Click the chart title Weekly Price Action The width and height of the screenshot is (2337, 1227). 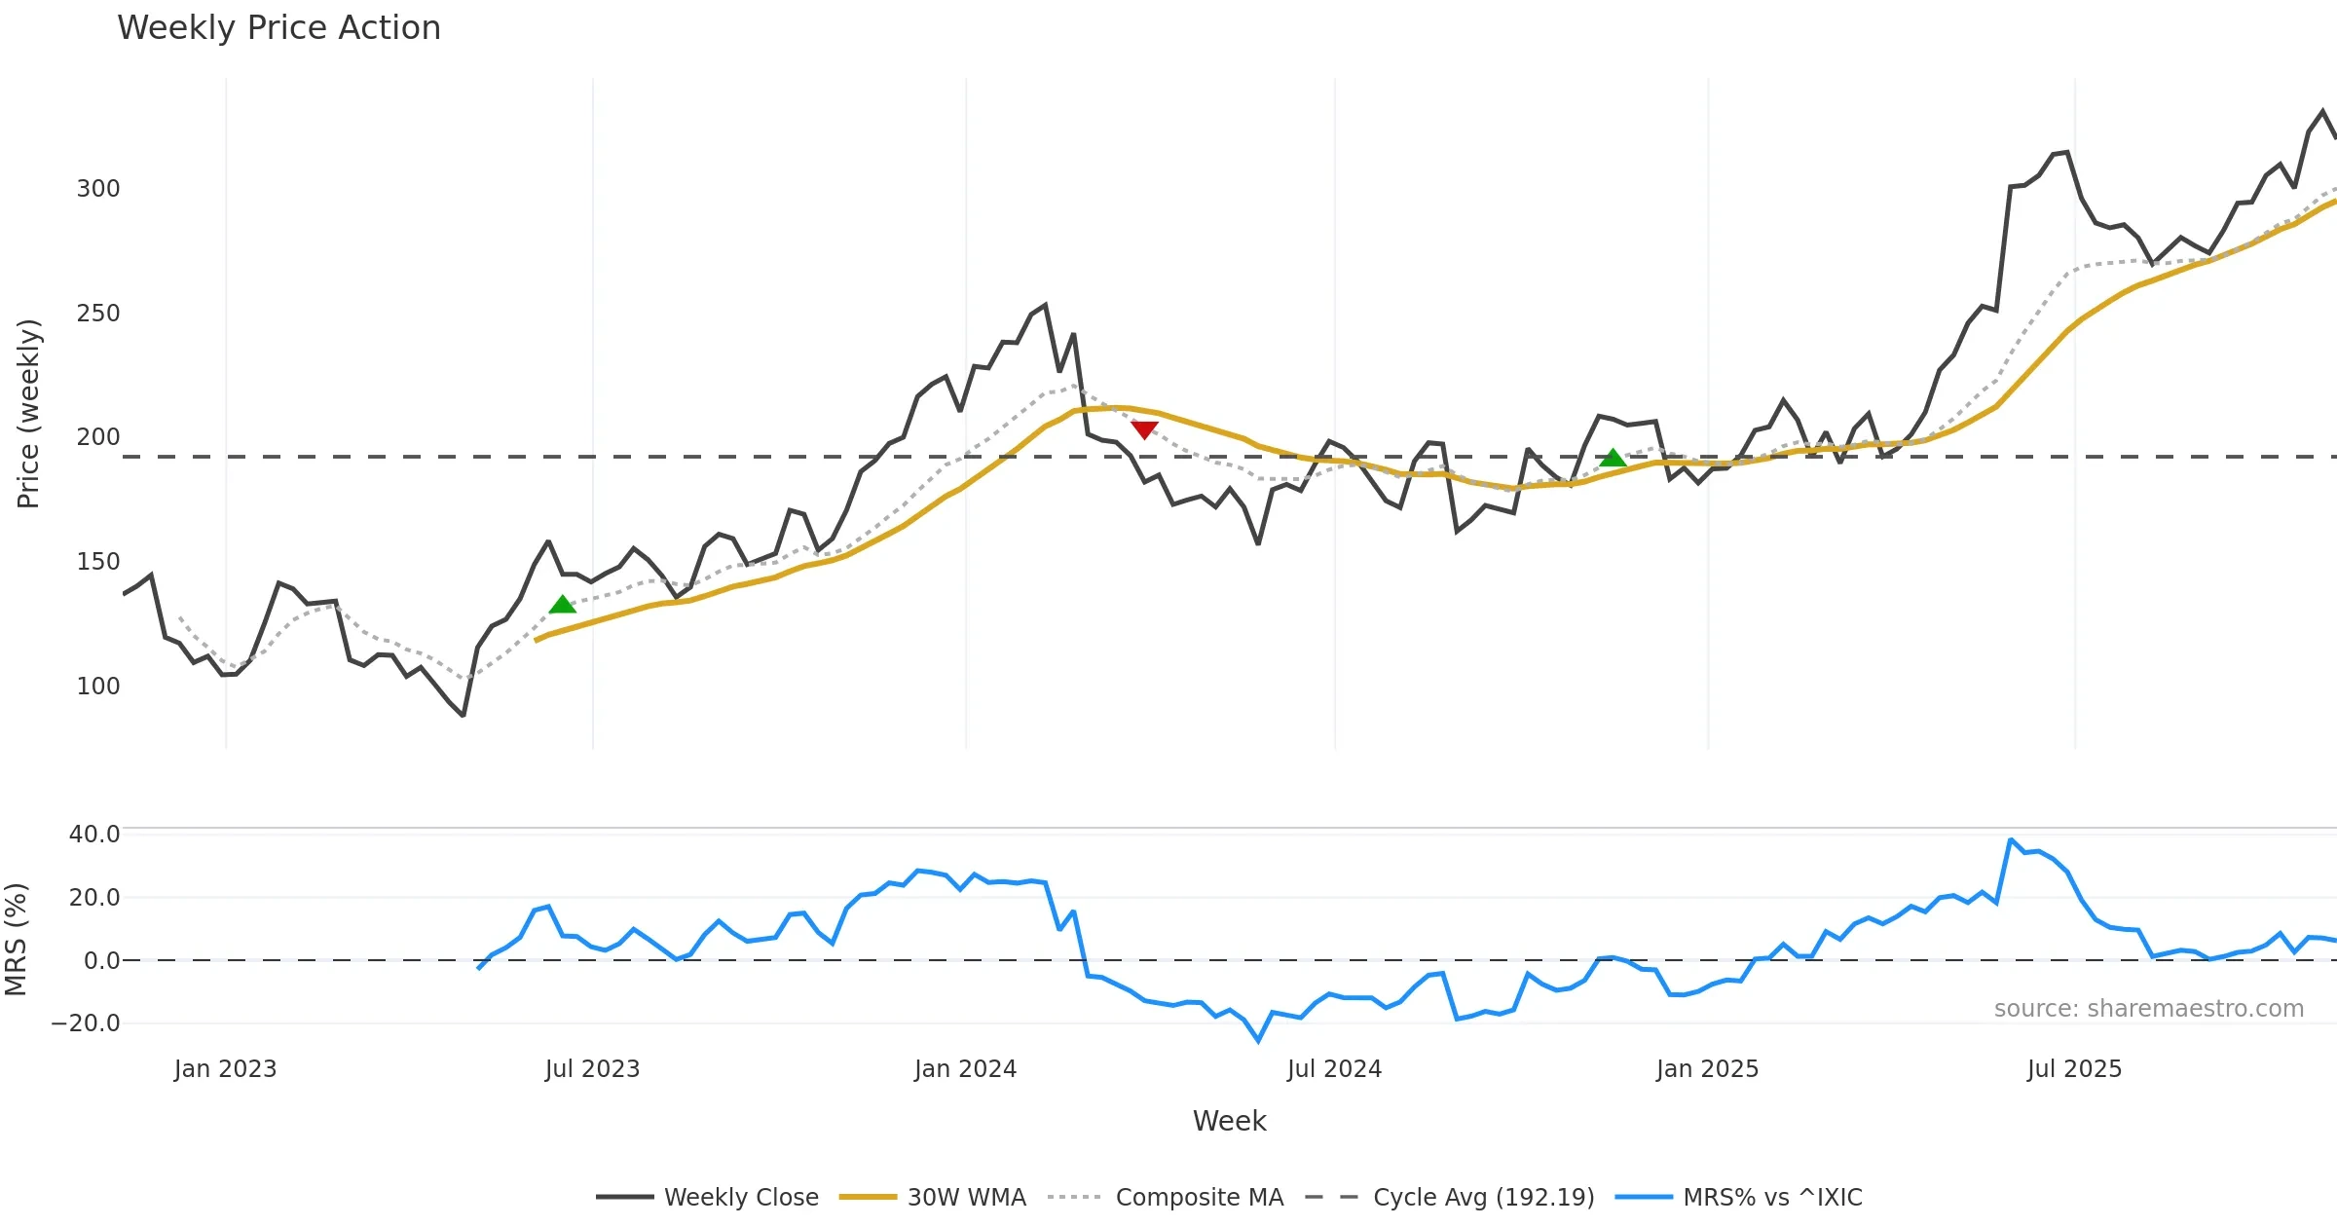point(278,28)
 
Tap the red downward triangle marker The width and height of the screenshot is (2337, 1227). point(1144,429)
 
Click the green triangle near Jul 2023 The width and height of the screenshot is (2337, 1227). point(563,605)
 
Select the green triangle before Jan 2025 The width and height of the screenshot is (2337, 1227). point(1613,458)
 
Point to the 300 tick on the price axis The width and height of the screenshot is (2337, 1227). point(98,189)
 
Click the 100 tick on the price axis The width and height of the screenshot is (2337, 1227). point(98,687)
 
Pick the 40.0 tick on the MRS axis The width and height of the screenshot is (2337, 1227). point(94,835)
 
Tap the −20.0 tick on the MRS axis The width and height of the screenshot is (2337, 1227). point(86,1023)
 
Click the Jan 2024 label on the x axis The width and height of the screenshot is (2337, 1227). point(965,1069)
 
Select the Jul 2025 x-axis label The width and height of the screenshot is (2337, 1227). point(2074,1069)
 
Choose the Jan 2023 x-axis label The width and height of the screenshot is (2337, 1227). point(225,1069)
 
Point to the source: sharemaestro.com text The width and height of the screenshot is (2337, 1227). point(2148,1009)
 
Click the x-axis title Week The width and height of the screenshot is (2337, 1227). point(1229,1122)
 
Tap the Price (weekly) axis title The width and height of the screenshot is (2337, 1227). point(29,414)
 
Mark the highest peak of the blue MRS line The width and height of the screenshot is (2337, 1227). point(2011,839)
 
